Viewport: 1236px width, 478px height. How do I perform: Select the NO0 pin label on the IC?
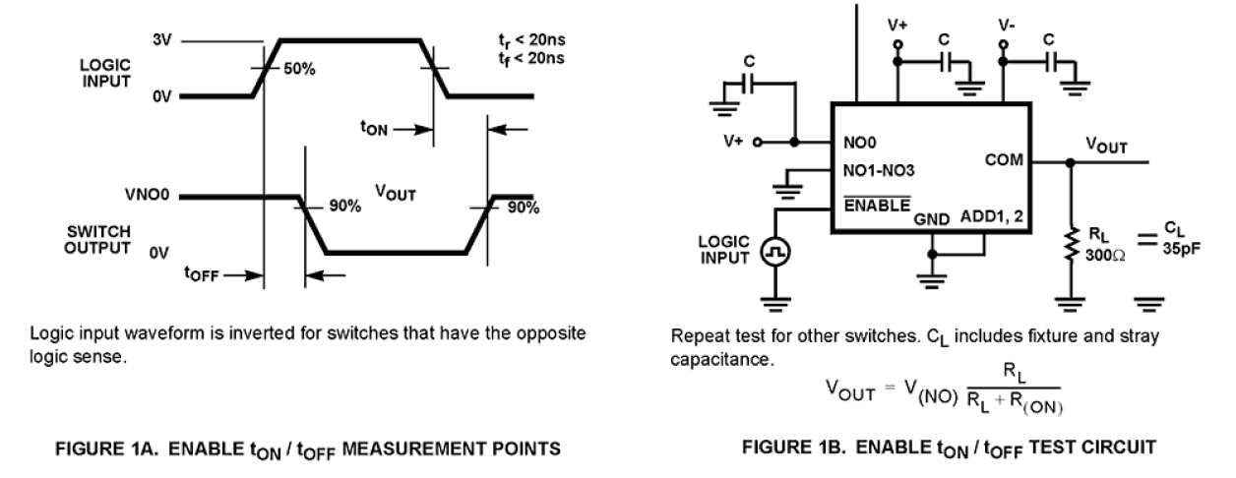pyautogui.click(x=856, y=142)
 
